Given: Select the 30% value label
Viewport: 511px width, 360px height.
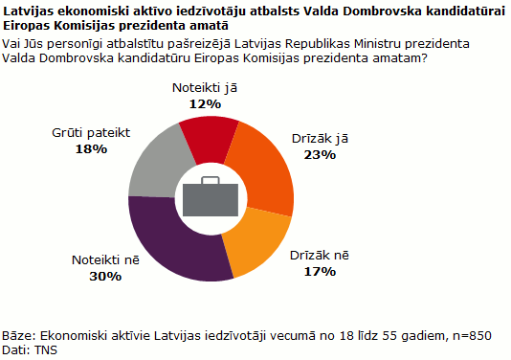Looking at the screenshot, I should tap(106, 276).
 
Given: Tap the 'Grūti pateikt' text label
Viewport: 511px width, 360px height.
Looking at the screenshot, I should tap(90, 134).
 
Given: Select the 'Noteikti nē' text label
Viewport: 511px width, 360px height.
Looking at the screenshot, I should tap(106, 260).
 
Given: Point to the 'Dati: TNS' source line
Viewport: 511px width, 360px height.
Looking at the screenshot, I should tap(29, 350).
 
